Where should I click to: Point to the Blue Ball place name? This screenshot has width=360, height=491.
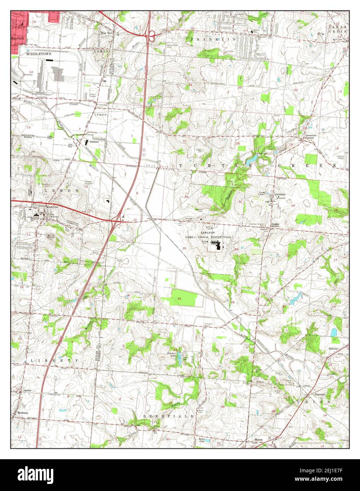coord(106,33)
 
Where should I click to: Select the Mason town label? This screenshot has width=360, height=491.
coord(259,440)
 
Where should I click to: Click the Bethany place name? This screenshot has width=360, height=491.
coord(23,413)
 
